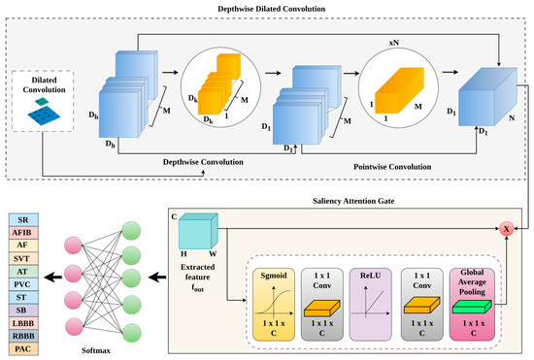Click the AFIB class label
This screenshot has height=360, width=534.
point(23,233)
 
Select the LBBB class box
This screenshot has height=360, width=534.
point(23,323)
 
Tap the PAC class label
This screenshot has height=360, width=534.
point(23,349)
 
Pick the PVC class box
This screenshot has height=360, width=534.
point(23,284)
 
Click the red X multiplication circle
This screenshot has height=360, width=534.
point(507,229)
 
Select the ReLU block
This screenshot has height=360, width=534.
point(371,304)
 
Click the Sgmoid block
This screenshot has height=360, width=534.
point(274,304)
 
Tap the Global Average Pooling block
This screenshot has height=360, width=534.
point(472,304)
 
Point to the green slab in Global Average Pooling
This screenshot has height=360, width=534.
point(472,307)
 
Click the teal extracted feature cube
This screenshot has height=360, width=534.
point(198,231)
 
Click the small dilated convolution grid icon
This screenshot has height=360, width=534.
point(44,112)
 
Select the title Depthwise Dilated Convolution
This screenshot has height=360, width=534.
point(272,9)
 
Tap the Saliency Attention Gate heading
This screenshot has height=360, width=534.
point(353,201)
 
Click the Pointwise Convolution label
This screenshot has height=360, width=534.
point(392,167)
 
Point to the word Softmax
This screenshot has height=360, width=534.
point(96,350)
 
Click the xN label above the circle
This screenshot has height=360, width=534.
point(394,43)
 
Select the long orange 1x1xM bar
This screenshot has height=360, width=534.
point(399,90)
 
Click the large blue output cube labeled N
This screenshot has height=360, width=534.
point(487,97)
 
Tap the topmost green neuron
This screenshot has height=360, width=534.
point(131,231)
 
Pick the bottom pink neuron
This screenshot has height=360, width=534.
point(74,327)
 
